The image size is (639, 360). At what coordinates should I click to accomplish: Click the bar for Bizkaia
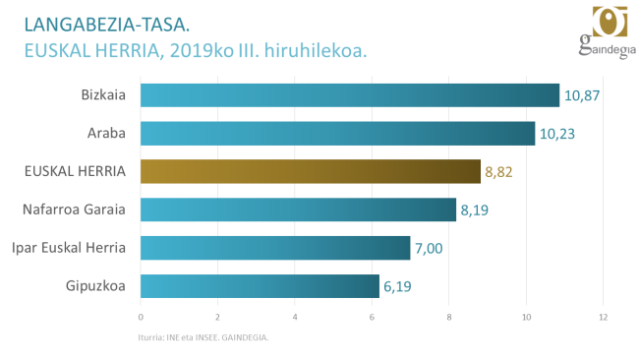[350, 95]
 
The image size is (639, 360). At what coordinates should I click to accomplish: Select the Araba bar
[337, 134]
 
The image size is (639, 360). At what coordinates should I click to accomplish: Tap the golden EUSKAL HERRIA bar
[311, 172]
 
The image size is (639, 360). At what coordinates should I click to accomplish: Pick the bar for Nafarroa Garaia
[299, 210]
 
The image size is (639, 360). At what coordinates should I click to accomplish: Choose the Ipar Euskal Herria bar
[275, 248]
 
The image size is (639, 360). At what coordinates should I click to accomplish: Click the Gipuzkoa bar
[260, 286]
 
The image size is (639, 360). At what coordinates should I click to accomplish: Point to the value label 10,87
[581, 96]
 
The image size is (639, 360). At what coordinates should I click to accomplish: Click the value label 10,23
[556, 135]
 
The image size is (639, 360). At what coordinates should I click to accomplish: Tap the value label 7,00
[429, 249]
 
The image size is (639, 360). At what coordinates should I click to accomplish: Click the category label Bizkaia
[103, 95]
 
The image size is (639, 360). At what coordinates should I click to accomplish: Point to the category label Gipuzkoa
[97, 286]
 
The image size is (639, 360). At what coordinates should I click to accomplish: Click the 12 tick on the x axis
[604, 317]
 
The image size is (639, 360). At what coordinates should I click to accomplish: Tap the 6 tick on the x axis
[373, 317]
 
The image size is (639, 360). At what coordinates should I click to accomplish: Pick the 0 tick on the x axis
[142, 317]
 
